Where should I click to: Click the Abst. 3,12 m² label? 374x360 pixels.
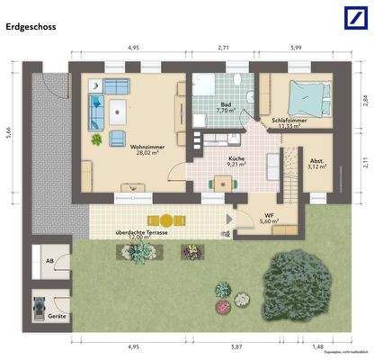tap(316, 163)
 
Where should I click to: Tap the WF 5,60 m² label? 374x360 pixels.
tap(267, 218)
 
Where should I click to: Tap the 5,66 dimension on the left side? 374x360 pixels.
tap(8, 132)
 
